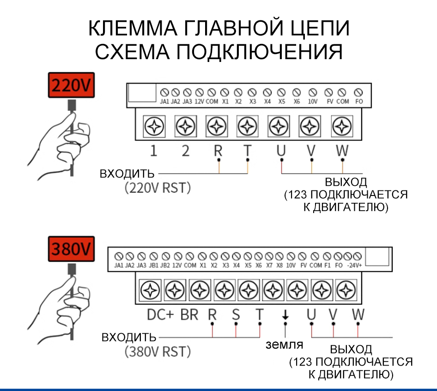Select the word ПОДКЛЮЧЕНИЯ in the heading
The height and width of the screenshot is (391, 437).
(x=259, y=52)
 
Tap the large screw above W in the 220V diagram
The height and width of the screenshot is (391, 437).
(x=341, y=125)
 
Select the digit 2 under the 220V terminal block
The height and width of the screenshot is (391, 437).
(x=185, y=151)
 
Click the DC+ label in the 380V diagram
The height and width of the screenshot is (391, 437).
(x=160, y=315)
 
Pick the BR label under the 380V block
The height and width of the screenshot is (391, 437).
(x=189, y=315)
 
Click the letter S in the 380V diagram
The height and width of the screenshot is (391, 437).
(x=236, y=315)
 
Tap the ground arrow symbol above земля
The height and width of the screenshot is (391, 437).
(x=285, y=315)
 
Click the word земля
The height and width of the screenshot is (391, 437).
(x=284, y=345)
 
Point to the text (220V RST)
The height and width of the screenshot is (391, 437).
(x=157, y=188)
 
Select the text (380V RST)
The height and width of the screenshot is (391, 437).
(x=158, y=352)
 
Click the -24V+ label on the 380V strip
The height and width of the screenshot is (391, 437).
(x=354, y=266)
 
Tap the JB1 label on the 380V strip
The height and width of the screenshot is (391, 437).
(x=153, y=266)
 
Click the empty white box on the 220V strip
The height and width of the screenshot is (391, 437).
(x=142, y=93)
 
